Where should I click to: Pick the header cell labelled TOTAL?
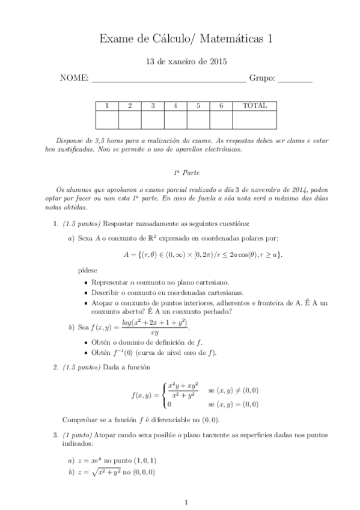click(254, 106)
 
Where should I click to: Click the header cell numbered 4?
click(175, 106)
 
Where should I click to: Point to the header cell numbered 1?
click(107, 106)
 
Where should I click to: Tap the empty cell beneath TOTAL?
click(254, 120)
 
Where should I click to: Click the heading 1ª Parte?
click(180, 172)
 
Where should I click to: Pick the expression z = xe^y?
click(95, 461)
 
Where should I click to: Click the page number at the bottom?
click(186, 502)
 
